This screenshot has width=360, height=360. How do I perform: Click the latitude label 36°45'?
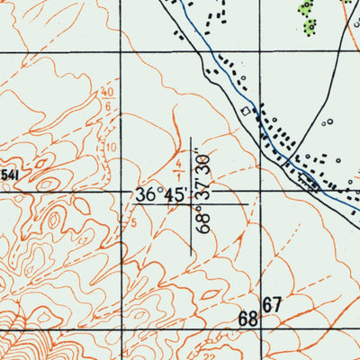[161, 194]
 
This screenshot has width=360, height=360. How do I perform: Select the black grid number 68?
[248, 319]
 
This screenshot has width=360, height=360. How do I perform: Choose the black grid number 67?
[273, 305]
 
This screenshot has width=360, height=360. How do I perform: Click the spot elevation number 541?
[9, 174]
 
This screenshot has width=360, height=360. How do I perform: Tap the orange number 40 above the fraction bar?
[108, 93]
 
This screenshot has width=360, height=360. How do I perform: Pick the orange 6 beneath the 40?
[108, 106]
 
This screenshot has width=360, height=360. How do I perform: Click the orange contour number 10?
[111, 147]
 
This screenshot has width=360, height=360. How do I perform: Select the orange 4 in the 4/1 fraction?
[179, 164]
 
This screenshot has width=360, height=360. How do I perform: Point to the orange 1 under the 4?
[179, 176]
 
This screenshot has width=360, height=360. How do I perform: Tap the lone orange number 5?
[133, 221]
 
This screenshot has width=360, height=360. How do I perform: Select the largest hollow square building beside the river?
[244, 111]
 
